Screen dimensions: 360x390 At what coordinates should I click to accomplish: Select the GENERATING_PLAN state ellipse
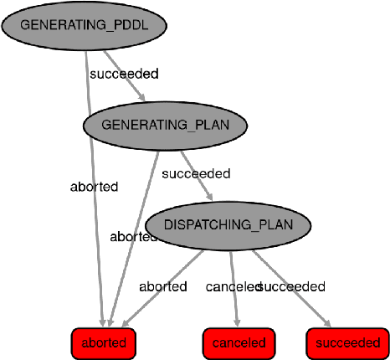pyautogui.click(x=166, y=125)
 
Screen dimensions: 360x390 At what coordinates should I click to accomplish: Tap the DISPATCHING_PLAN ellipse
pyautogui.click(x=228, y=226)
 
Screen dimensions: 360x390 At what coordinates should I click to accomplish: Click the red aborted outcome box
pyautogui.click(x=104, y=342)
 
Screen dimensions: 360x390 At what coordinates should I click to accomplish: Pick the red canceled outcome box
pyautogui.click(x=239, y=342)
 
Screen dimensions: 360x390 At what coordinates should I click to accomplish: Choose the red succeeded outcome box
pyautogui.click(x=347, y=342)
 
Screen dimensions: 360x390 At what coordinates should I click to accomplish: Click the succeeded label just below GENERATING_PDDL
pyautogui.click(x=124, y=74)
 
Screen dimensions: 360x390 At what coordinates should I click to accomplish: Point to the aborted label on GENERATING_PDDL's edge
pyautogui.click(x=94, y=187)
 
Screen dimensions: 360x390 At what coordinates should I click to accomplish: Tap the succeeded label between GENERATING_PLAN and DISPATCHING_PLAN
pyautogui.click(x=195, y=174)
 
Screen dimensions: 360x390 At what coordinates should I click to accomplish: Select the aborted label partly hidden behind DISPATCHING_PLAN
pyautogui.click(x=132, y=236)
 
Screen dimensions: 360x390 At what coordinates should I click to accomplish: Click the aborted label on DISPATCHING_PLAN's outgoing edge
pyautogui.click(x=162, y=286)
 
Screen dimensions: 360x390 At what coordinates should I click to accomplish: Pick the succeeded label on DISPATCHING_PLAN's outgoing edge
pyautogui.click(x=293, y=286)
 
